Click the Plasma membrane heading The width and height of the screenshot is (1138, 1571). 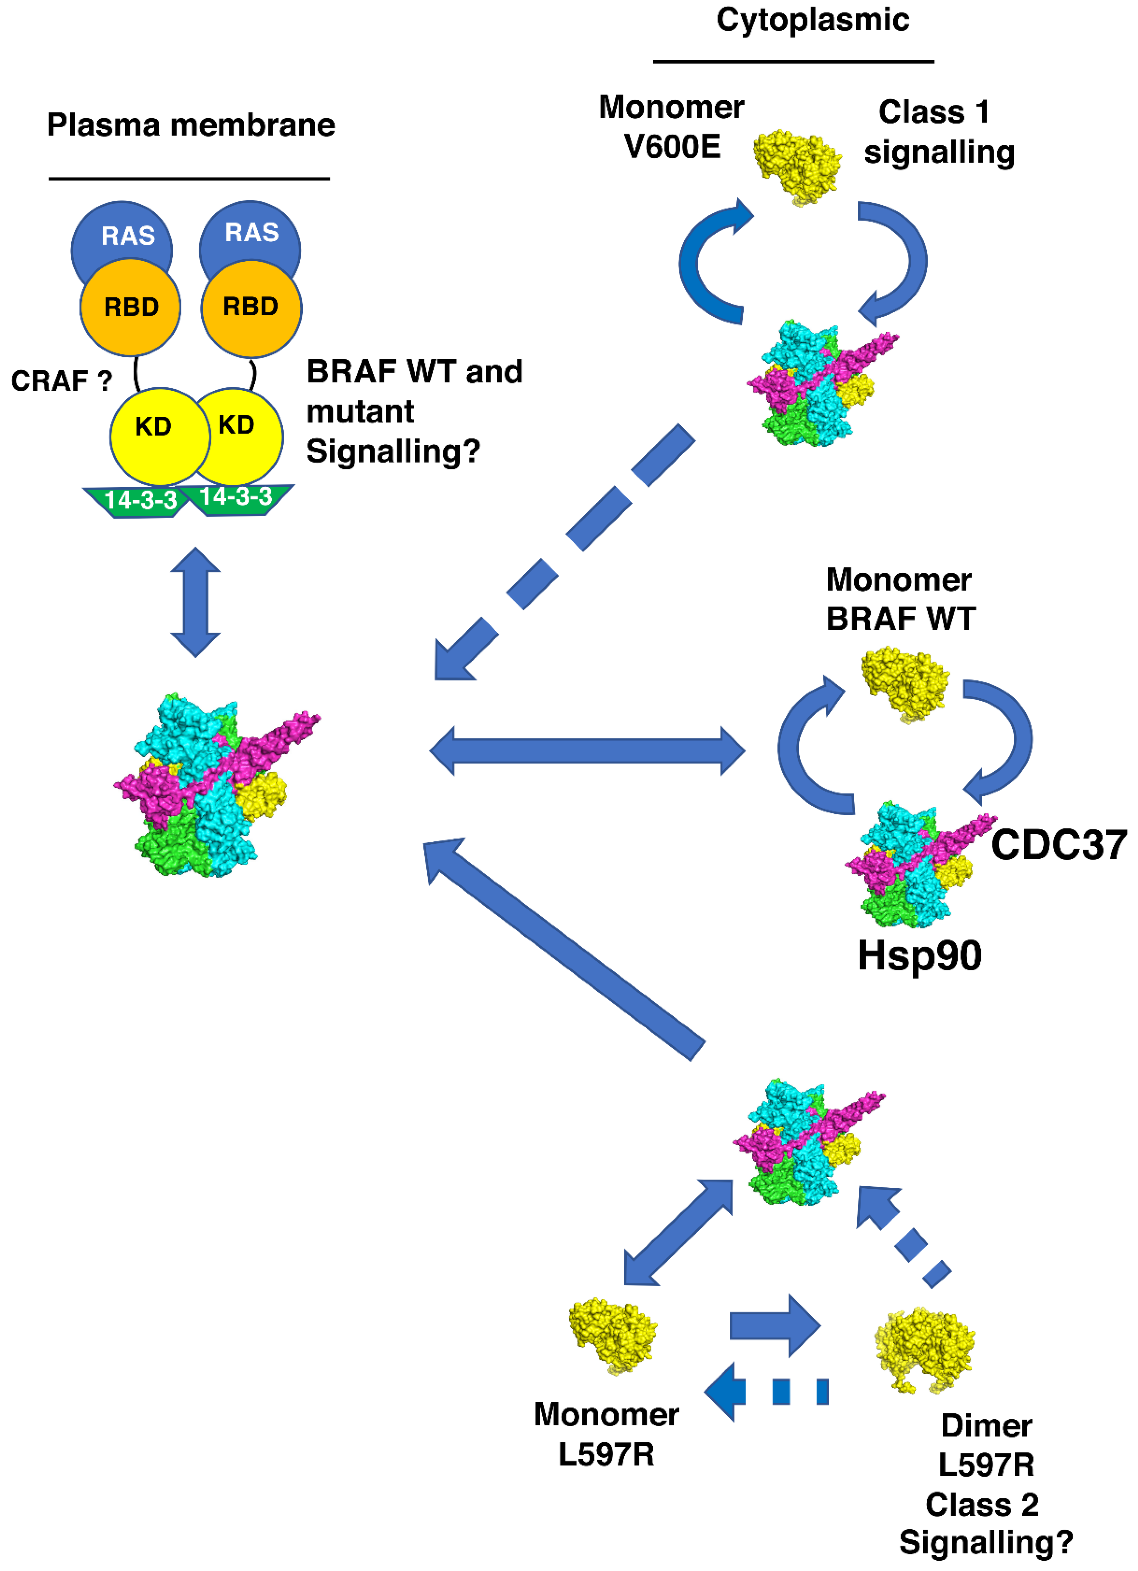point(191,125)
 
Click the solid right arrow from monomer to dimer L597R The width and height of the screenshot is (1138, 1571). point(774,1326)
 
